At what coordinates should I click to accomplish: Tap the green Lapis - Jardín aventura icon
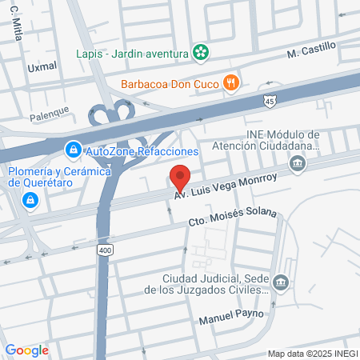(x=202, y=54)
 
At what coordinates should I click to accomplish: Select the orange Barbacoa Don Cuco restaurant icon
(x=230, y=82)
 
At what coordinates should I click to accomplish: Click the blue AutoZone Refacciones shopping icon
(x=73, y=150)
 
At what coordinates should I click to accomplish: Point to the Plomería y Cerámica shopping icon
(x=30, y=199)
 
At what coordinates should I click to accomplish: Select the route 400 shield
(x=106, y=250)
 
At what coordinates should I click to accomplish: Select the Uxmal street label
(x=42, y=67)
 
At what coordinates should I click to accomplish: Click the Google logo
(x=26, y=350)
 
